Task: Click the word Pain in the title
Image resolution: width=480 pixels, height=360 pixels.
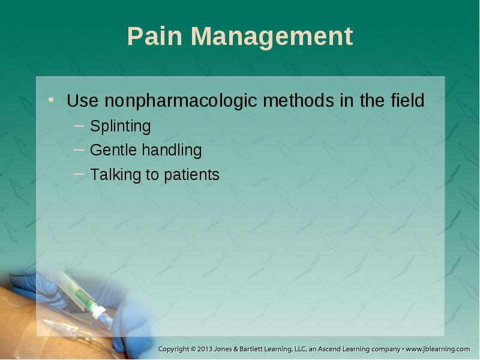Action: (x=155, y=36)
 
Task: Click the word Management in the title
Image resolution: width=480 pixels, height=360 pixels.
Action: (x=272, y=38)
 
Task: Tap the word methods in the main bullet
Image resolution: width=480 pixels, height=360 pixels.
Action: (x=298, y=100)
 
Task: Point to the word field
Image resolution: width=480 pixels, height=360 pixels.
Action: (x=407, y=100)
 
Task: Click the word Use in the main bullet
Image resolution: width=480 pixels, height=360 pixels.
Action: (x=82, y=100)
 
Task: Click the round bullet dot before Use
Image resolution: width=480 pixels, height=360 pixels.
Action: (x=51, y=100)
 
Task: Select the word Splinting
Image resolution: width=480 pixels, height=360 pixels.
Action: (x=121, y=127)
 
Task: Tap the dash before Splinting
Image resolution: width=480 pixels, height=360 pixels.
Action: (x=79, y=125)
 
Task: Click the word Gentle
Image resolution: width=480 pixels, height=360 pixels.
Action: (x=113, y=150)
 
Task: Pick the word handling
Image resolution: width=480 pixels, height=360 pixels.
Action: (x=172, y=151)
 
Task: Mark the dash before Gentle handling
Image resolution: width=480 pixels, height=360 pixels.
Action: (x=79, y=149)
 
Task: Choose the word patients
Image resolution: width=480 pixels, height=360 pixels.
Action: (x=191, y=175)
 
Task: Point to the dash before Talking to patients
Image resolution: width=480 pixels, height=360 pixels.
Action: (x=79, y=174)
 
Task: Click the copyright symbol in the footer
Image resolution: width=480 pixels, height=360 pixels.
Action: (x=193, y=349)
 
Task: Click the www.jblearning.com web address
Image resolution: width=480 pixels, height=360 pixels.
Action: (x=438, y=349)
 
